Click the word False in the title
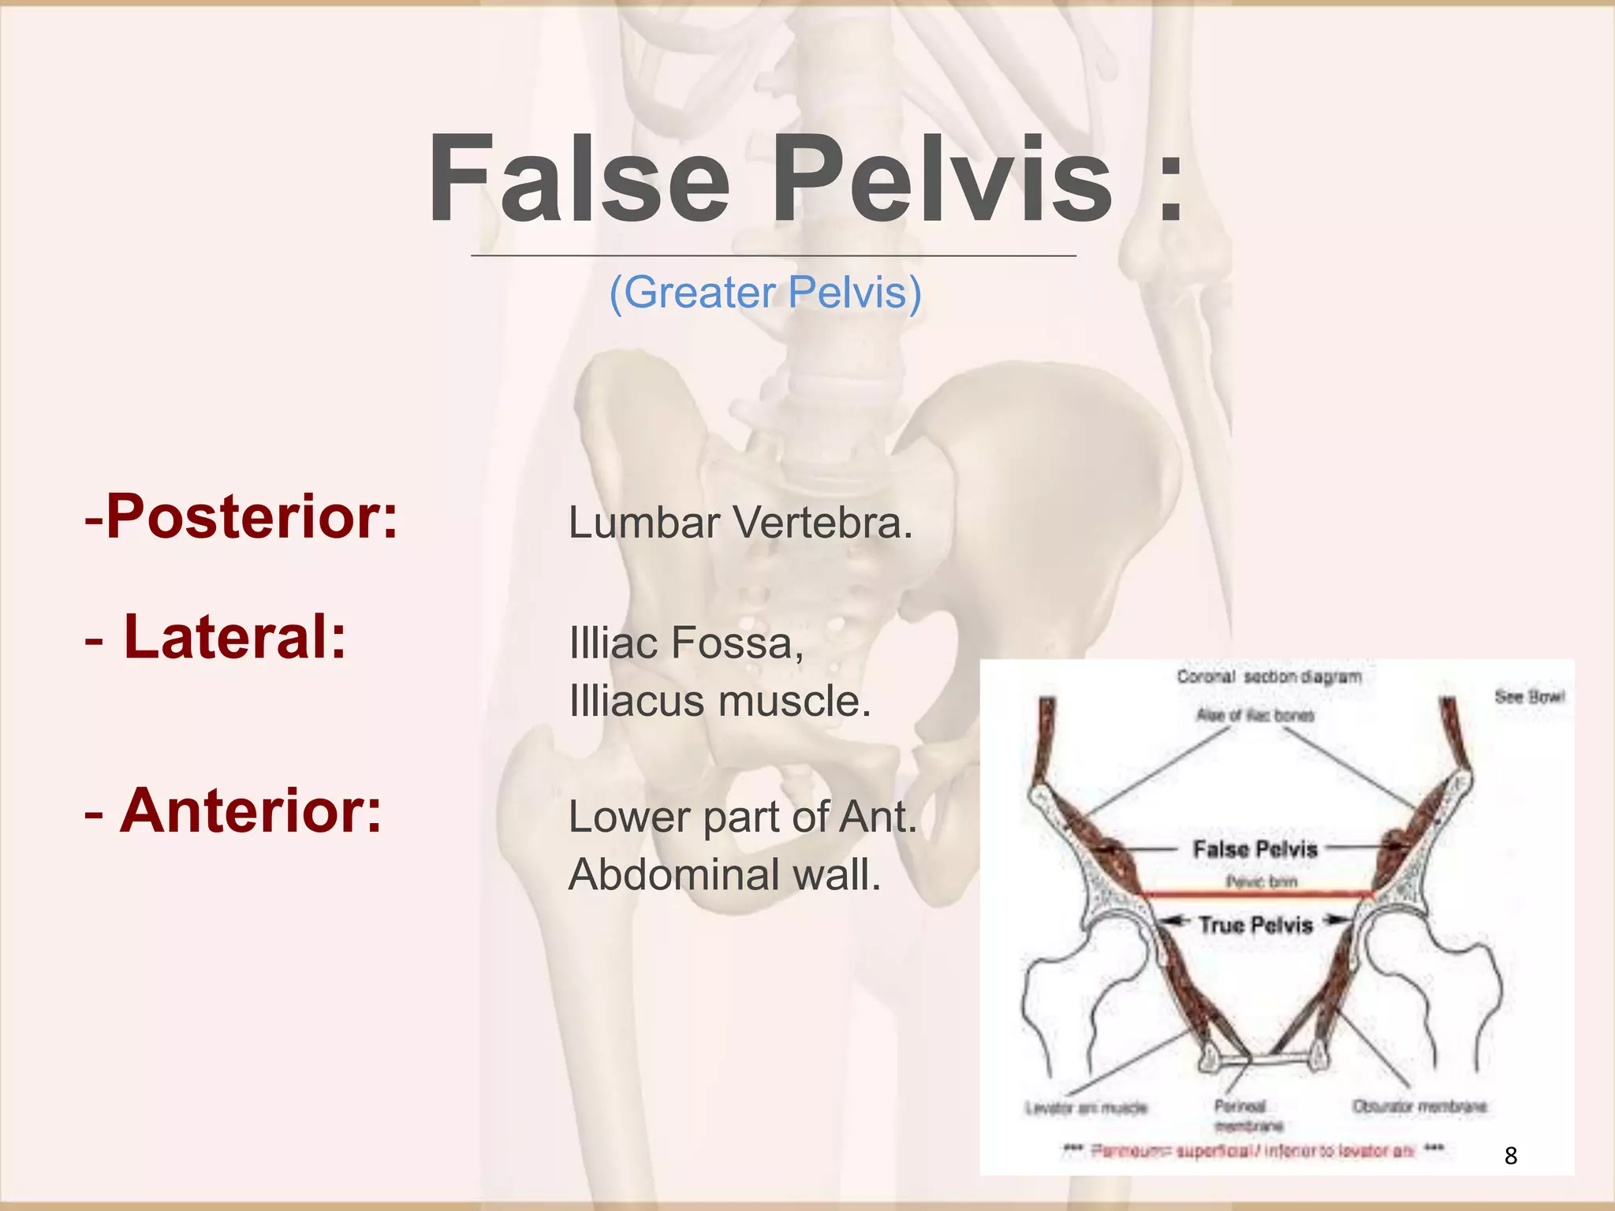pyautogui.click(x=579, y=180)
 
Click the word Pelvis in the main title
pyautogui.click(x=942, y=180)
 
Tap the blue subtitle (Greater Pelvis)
pyautogui.click(x=765, y=293)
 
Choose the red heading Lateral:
pyautogui.click(x=216, y=637)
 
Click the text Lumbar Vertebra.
pyautogui.click(x=740, y=523)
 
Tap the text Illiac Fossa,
pyautogui.click(x=686, y=643)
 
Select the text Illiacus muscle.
pyautogui.click(x=719, y=701)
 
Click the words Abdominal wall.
pyautogui.click(x=724, y=874)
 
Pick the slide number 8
pyautogui.click(x=1510, y=1156)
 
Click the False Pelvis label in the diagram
pyautogui.click(x=1255, y=849)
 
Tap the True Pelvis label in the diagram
pyautogui.click(x=1255, y=925)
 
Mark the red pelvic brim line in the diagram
pyautogui.click(x=1259, y=894)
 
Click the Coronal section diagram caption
pyautogui.click(x=1269, y=677)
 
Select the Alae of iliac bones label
pyautogui.click(x=1255, y=715)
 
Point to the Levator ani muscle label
pyautogui.click(x=1086, y=1108)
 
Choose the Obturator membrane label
pyautogui.click(x=1419, y=1107)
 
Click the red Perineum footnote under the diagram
pyautogui.click(x=1254, y=1151)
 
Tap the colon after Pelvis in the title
pyautogui.click(x=1170, y=185)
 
